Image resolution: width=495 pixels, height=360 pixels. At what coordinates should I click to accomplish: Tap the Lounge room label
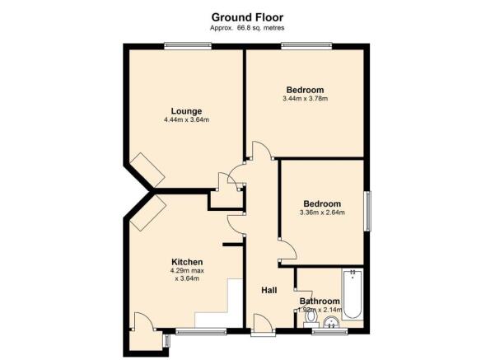pyautogui.click(x=186, y=111)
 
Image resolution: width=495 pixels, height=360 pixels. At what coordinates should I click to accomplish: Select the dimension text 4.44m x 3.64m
pyautogui.click(x=186, y=121)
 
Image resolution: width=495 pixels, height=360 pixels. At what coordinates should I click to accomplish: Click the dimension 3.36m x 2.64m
pyautogui.click(x=321, y=213)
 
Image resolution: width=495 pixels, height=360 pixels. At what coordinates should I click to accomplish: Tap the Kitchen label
pyautogui.click(x=187, y=262)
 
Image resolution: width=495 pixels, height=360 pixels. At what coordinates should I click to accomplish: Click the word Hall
pyautogui.click(x=269, y=291)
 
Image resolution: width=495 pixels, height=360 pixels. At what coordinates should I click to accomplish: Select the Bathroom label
pyautogui.click(x=320, y=301)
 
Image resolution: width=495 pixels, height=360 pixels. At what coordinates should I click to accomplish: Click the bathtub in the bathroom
pyautogui.click(x=352, y=294)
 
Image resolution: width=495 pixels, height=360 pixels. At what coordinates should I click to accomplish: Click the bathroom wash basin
pyautogui.click(x=331, y=322)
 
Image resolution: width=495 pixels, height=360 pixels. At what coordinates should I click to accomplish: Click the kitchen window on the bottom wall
pyautogui.click(x=201, y=332)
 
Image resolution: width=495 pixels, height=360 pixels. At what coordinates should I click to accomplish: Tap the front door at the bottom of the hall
pyautogui.click(x=263, y=326)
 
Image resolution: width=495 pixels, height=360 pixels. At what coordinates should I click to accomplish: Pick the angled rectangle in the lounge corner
pyautogui.click(x=150, y=168)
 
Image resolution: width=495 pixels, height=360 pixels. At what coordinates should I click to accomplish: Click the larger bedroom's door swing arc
pyautogui.click(x=262, y=151)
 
